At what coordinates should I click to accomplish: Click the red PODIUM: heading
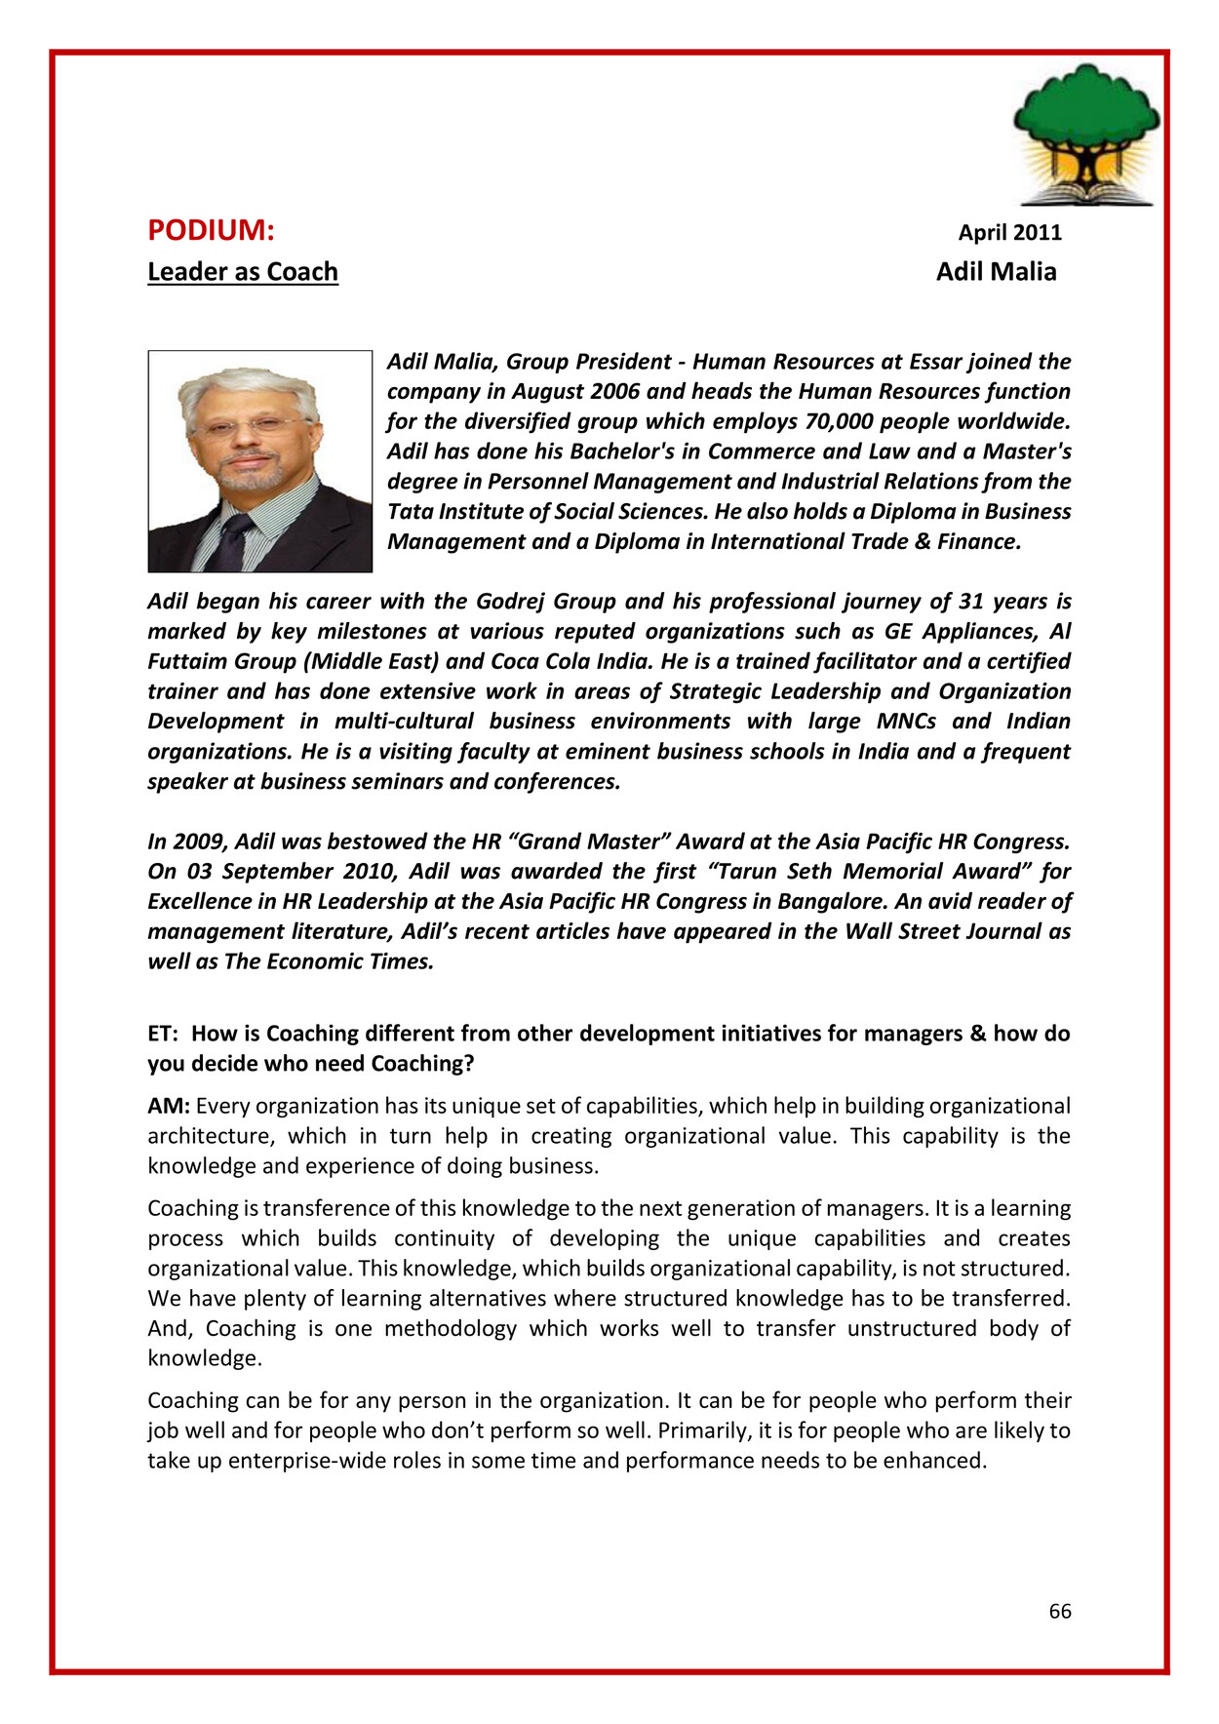pos(211,230)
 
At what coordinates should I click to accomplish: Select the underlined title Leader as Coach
pos(243,271)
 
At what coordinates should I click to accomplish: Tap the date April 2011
pos(1009,232)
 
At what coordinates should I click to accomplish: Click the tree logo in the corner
pos(1086,135)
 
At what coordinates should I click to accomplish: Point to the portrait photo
pos(259,460)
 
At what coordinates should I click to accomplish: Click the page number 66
pos(1060,1611)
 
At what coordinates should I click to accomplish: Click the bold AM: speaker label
pos(169,1106)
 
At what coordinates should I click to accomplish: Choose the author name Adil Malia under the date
pos(996,271)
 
